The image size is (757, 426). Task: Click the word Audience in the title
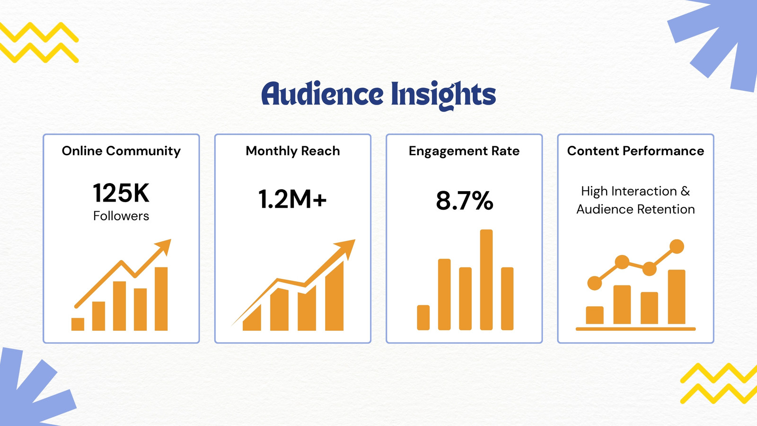[322, 94]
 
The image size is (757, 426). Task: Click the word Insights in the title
[443, 96]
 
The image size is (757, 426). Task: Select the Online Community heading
[121, 151]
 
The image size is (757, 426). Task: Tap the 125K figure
[121, 193]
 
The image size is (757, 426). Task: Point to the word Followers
[121, 216]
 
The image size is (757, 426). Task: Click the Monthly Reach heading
[293, 151]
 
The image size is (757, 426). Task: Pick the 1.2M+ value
[292, 199]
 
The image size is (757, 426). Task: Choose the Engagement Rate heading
[464, 151]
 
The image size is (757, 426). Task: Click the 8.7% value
[464, 201]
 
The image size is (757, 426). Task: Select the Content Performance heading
[635, 151]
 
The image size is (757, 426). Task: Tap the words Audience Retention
[635, 209]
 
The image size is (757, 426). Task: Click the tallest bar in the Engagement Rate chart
[486, 280]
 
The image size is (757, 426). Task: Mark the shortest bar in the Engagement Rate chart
[423, 318]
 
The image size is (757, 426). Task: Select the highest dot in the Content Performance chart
[677, 246]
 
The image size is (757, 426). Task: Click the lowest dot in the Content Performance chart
[595, 283]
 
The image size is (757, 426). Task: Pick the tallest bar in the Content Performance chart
[677, 297]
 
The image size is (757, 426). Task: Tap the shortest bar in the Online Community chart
[78, 324]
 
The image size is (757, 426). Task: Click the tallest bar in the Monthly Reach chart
[334, 296]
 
